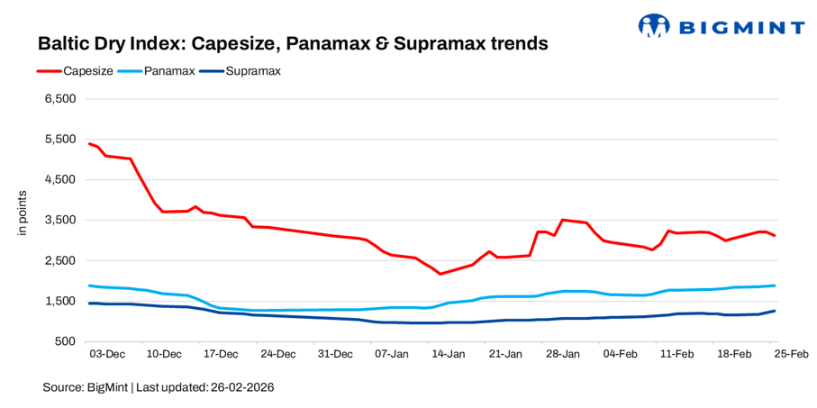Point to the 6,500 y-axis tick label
tap(59, 98)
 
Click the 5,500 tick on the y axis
tap(59, 139)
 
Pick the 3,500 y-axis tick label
tap(59, 220)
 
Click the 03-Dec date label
tap(107, 355)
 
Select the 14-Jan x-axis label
tap(449, 355)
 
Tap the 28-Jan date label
tap(563, 355)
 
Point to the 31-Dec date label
tap(335, 355)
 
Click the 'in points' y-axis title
tap(23, 213)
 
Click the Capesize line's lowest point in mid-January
tap(440, 274)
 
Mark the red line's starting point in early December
tap(89, 143)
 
